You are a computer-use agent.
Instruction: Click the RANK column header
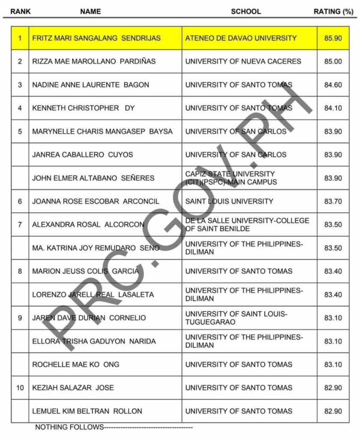click(x=21, y=12)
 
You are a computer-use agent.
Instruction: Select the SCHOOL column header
click(x=246, y=12)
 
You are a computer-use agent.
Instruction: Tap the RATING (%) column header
click(x=333, y=12)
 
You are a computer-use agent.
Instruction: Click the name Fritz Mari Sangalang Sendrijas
click(x=97, y=38)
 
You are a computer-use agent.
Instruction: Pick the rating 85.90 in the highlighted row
click(x=333, y=38)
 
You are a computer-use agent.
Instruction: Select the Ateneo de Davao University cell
click(x=241, y=38)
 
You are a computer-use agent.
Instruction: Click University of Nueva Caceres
click(x=243, y=61)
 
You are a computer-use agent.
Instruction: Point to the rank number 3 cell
click(x=20, y=85)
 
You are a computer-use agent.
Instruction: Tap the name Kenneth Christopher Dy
click(x=83, y=108)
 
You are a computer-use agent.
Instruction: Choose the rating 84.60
click(x=333, y=85)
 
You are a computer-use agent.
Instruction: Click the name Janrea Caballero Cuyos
click(x=83, y=155)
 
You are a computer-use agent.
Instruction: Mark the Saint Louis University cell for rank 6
click(x=229, y=201)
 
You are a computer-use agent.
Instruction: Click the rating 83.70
click(x=333, y=201)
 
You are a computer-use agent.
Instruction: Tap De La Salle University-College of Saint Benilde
click(x=247, y=225)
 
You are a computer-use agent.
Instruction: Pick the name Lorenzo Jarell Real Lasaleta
click(x=93, y=295)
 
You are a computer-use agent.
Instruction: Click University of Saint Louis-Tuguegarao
click(x=236, y=318)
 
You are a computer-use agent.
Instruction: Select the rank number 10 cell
click(x=20, y=388)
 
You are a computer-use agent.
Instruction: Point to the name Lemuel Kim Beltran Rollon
click(x=87, y=411)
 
